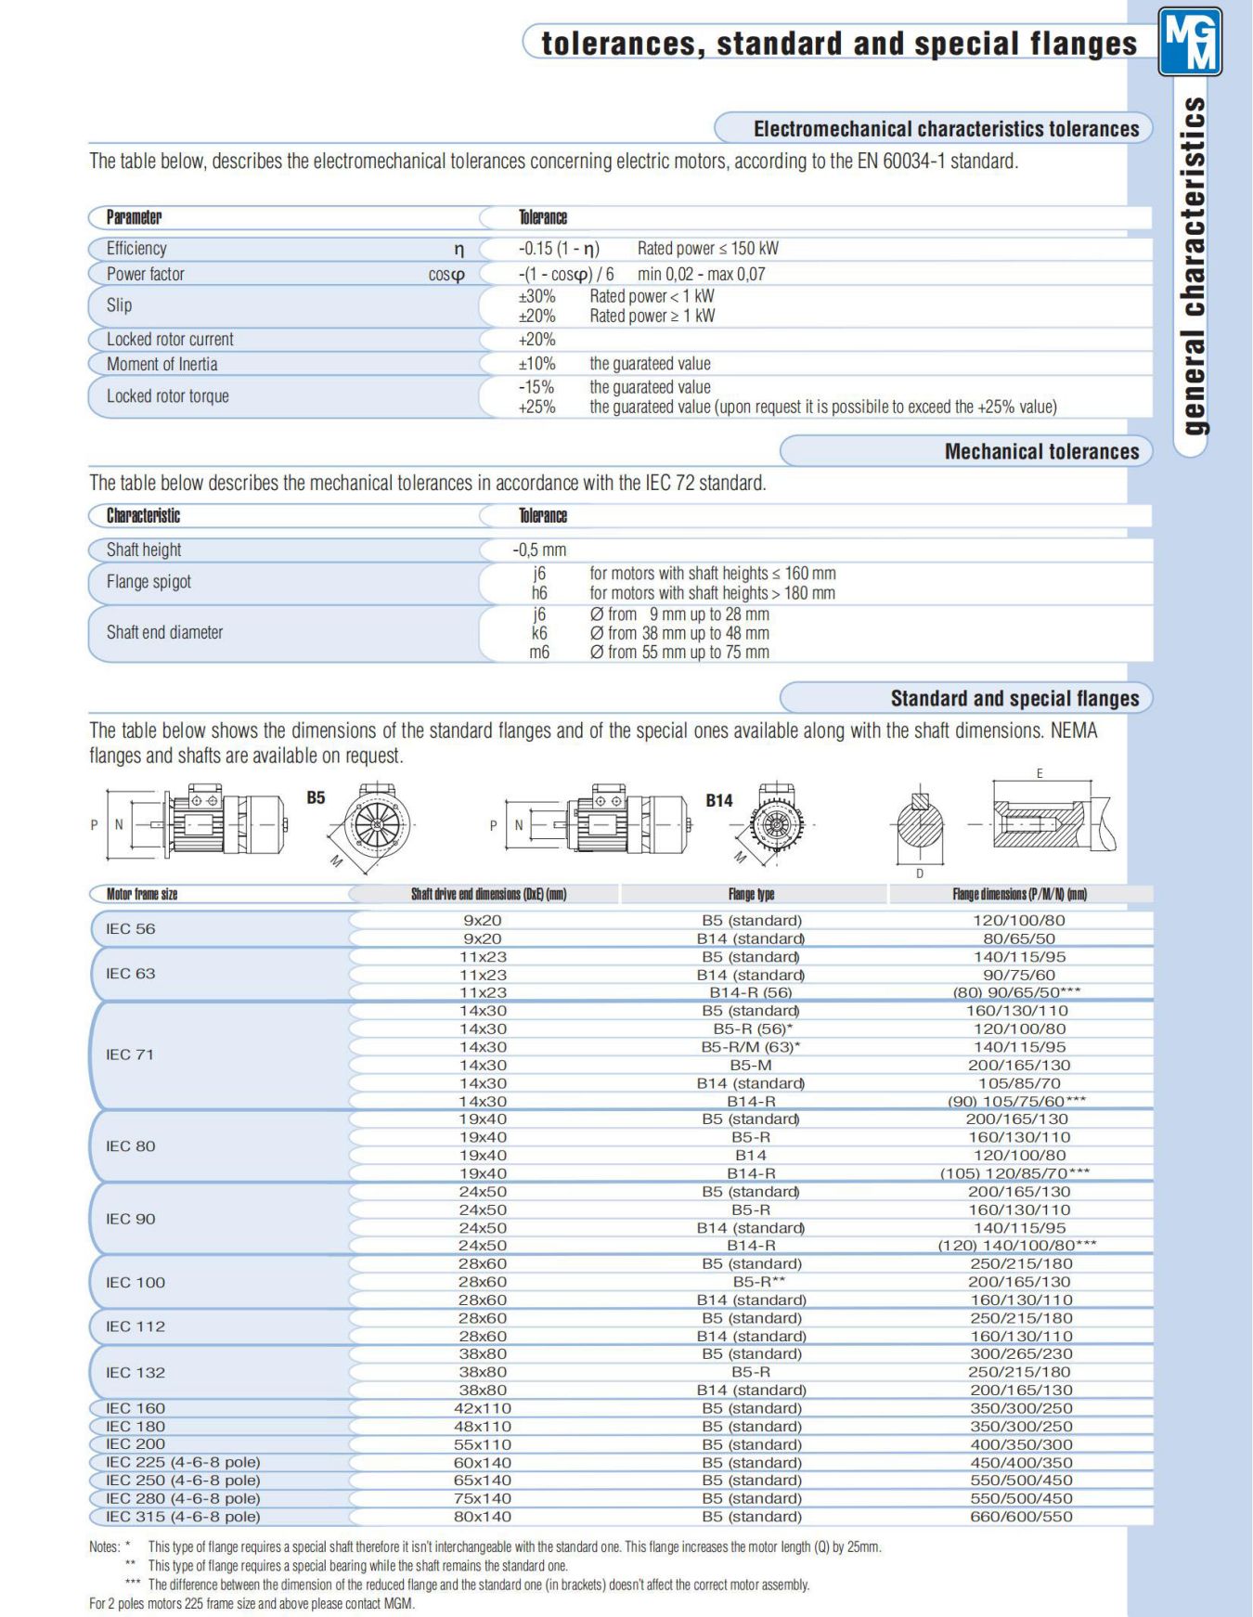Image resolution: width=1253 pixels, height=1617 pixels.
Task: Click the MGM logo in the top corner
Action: pos(1190,42)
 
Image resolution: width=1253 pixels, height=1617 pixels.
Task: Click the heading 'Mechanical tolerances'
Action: pos(1041,452)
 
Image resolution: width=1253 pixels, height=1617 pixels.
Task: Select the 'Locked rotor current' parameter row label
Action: pos(170,340)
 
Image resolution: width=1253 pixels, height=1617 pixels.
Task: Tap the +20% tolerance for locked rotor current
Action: pos(537,340)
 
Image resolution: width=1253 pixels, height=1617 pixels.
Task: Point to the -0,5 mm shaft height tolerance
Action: pos(539,550)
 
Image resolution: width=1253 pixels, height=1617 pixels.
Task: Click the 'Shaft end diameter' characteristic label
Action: pos(164,632)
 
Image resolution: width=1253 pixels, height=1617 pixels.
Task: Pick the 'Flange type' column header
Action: pos(751,894)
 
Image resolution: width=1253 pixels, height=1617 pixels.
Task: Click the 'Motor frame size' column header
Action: pos(141,894)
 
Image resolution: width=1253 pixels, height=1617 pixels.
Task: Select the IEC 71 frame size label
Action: pos(130,1054)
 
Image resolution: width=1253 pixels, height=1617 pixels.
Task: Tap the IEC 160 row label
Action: pos(136,1408)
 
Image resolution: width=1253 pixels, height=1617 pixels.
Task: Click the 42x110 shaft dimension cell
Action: pos(483,1408)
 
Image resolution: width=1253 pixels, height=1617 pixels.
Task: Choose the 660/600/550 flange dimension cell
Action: pos(1020,1517)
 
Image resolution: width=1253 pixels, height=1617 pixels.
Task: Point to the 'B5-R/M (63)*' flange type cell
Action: pos(751,1047)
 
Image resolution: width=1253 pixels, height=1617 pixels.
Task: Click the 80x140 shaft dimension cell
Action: pos(483,1517)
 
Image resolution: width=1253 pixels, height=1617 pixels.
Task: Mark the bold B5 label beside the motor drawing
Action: pos(316,797)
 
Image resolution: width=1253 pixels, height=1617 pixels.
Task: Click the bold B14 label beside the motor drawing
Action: pos(718,800)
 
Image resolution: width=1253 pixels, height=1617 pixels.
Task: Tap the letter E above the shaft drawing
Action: pos(1040,773)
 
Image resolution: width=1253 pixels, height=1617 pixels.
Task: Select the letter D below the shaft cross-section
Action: pos(920,873)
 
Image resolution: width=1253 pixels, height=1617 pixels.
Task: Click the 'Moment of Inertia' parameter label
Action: pos(161,364)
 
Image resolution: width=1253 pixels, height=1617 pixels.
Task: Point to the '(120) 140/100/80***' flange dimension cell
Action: pos(1017,1246)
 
